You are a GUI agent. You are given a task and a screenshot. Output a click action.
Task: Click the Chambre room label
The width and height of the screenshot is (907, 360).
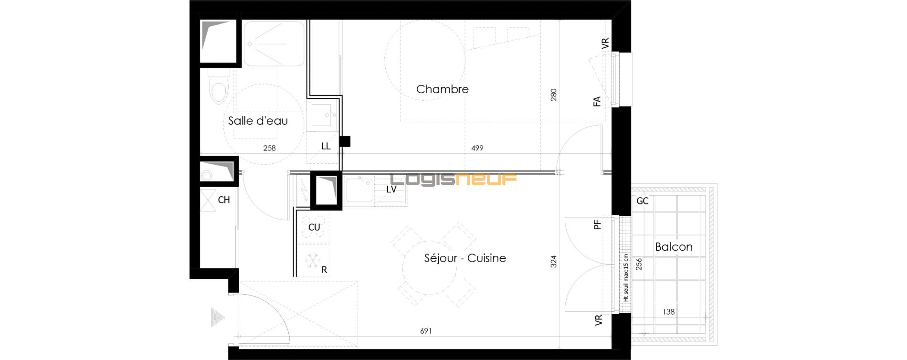click(442, 89)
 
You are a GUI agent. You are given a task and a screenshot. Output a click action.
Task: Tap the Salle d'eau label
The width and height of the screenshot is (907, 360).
click(258, 121)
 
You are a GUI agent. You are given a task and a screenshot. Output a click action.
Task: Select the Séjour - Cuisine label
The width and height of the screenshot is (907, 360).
click(465, 258)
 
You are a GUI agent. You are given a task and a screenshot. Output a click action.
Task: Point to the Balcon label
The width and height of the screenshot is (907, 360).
click(674, 247)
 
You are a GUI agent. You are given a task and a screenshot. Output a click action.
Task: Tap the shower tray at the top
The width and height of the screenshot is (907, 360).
click(274, 44)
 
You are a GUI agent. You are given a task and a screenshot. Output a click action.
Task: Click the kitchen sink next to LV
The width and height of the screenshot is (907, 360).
click(359, 190)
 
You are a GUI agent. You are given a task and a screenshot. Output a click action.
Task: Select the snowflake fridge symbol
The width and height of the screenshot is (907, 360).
click(312, 260)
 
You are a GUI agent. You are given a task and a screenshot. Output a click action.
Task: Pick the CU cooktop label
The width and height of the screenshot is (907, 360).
click(314, 227)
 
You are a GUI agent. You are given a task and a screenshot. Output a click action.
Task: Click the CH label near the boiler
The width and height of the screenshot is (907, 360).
click(224, 200)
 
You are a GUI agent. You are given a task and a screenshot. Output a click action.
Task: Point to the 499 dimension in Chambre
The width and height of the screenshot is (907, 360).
click(477, 148)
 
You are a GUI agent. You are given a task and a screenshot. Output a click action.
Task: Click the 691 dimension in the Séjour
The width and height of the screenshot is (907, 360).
click(426, 331)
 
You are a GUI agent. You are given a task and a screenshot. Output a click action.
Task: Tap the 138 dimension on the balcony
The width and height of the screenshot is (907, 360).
click(668, 312)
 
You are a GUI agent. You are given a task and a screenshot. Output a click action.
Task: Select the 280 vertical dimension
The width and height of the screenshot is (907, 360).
click(554, 95)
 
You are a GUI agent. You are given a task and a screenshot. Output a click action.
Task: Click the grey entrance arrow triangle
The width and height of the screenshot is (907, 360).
click(218, 318)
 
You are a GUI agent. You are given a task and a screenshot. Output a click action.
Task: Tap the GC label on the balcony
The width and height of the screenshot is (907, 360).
click(643, 201)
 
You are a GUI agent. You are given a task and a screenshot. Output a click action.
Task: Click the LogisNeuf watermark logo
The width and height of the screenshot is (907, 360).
click(453, 179)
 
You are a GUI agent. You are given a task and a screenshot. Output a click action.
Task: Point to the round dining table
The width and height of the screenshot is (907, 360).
click(430, 267)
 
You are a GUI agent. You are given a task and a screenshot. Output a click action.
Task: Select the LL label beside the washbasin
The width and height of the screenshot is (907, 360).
click(326, 147)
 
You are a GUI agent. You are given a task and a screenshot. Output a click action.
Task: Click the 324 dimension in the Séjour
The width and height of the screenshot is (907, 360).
click(554, 262)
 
